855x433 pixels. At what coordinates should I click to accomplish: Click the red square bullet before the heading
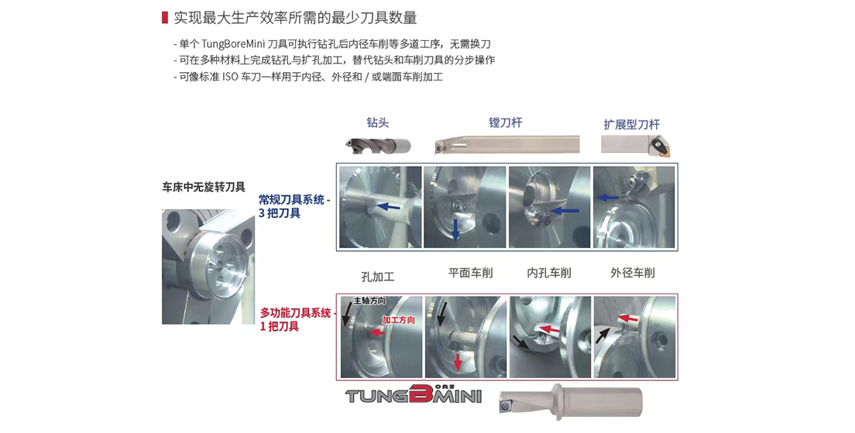click(164, 18)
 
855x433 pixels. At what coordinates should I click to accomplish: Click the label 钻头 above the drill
click(378, 122)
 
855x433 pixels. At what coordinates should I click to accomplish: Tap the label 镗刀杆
click(506, 122)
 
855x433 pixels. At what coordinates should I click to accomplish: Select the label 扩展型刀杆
click(631, 125)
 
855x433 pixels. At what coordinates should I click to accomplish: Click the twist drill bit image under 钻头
click(379, 146)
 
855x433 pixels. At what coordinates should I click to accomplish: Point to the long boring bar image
click(507, 145)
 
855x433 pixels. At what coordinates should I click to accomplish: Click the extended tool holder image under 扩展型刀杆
click(636, 144)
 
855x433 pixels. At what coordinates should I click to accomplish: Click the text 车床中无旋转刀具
click(204, 187)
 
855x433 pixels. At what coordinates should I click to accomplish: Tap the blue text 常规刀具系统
click(291, 200)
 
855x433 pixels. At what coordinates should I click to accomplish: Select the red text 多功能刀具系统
click(295, 313)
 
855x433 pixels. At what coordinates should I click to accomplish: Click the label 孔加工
click(378, 277)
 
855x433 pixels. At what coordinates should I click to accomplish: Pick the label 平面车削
click(471, 273)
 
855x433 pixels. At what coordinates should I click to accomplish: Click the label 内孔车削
click(549, 273)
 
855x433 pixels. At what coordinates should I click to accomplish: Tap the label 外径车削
click(633, 273)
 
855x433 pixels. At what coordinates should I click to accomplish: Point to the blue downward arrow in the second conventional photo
click(456, 229)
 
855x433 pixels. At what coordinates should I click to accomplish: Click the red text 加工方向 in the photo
click(399, 320)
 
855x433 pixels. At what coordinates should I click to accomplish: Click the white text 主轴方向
click(369, 301)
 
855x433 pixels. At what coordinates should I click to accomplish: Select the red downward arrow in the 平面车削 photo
click(458, 361)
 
